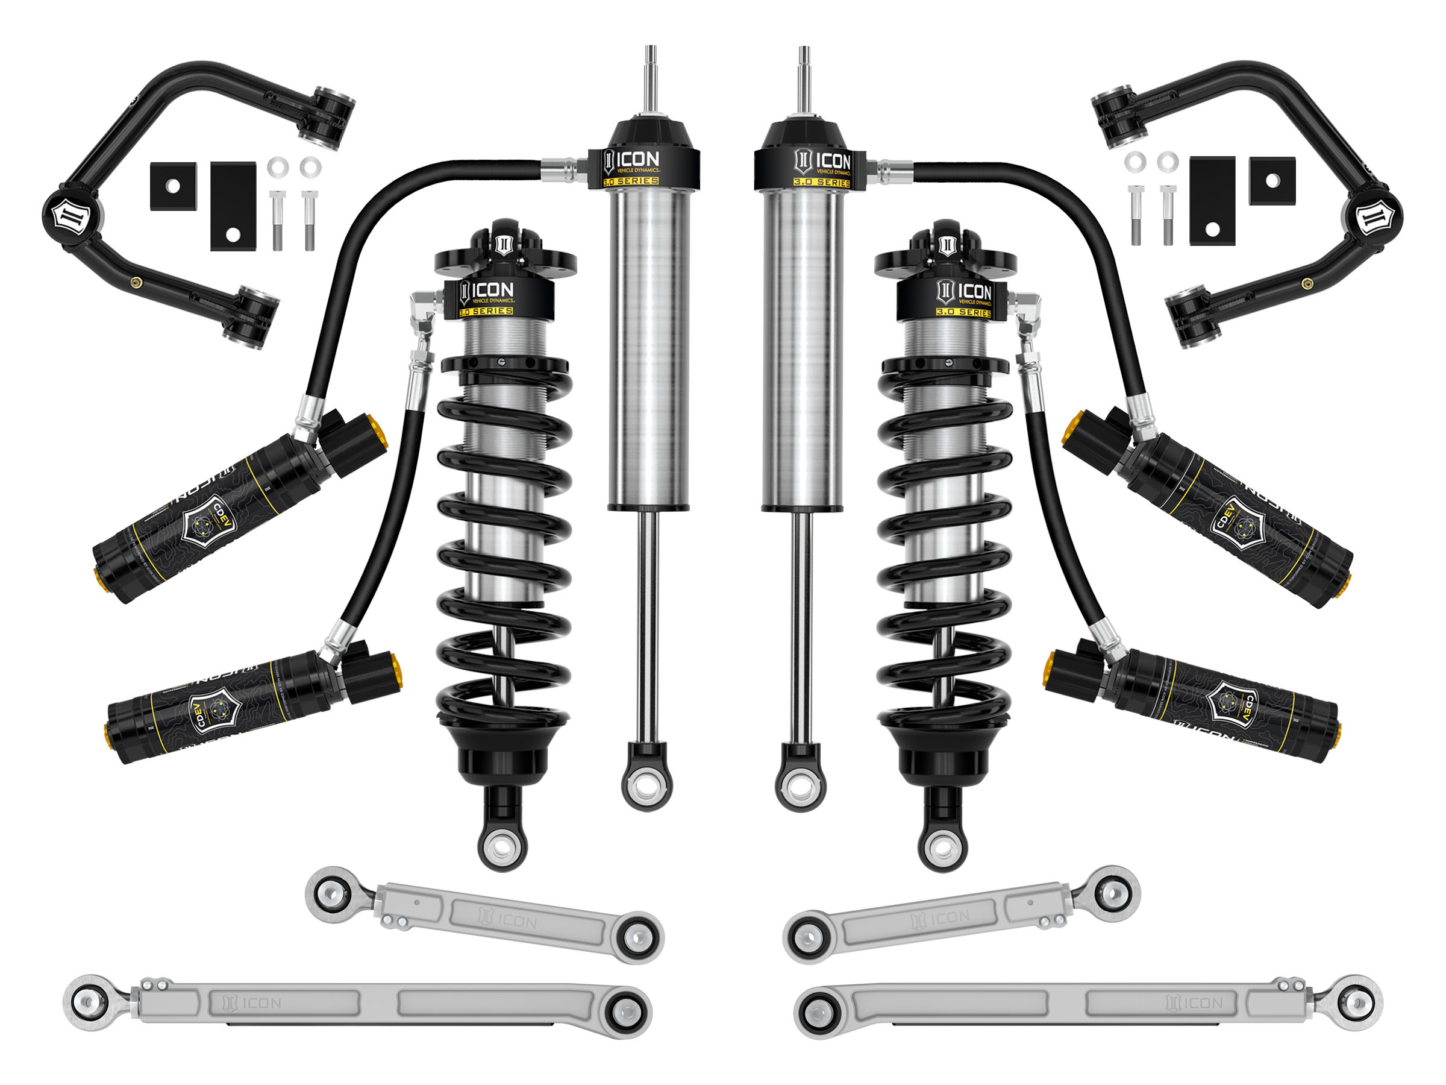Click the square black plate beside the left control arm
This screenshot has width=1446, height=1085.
174,186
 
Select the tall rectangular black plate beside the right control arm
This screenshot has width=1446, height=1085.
1212,201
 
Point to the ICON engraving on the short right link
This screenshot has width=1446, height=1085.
941,918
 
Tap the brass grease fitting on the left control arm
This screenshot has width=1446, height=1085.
136,283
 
